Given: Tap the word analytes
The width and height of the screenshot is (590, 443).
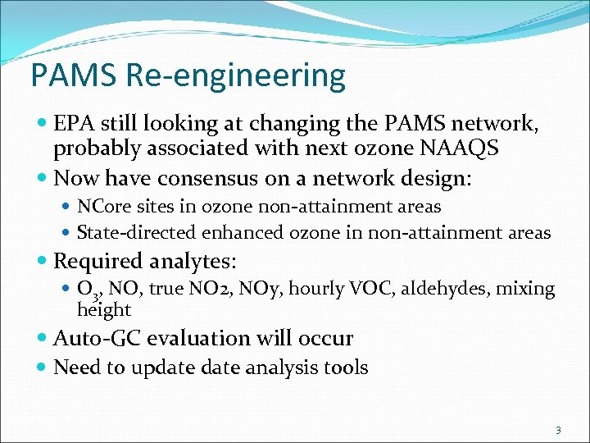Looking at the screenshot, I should point(191,263).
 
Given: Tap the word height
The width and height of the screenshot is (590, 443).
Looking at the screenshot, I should point(103,310).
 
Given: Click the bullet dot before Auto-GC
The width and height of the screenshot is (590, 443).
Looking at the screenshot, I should point(43,339).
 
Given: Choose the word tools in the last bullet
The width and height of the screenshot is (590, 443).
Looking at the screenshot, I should point(343,368).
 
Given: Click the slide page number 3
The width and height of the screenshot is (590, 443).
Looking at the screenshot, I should point(558,430).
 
